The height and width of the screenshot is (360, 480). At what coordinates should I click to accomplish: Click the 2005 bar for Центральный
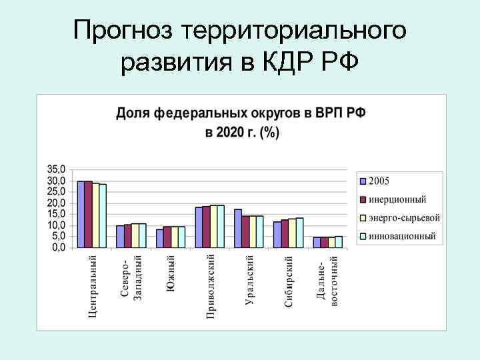tap(81, 214)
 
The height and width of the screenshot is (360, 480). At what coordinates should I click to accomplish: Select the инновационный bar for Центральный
tap(103, 215)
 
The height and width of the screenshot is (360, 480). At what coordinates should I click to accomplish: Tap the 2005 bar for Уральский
tap(238, 228)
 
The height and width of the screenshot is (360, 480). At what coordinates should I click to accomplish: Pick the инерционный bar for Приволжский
tap(206, 227)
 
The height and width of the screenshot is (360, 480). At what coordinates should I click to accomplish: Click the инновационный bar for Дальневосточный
tap(339, 241)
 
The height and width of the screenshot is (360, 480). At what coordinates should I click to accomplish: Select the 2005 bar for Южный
tap(160, 238)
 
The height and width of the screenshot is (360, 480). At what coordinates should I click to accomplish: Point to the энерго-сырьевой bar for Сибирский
tap(292, 233)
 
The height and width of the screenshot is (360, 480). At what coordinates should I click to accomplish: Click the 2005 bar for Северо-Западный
tap(120, 236)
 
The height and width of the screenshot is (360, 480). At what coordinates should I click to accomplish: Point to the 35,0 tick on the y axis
tap(57, 169)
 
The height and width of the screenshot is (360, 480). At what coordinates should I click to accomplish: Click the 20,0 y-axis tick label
tap(57, 203)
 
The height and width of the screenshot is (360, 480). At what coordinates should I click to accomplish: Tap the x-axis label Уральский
tap(249, 280)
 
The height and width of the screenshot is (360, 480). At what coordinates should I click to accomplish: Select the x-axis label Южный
tap(171, 273)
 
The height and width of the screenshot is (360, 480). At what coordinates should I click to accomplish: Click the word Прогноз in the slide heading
tap(124, 29)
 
